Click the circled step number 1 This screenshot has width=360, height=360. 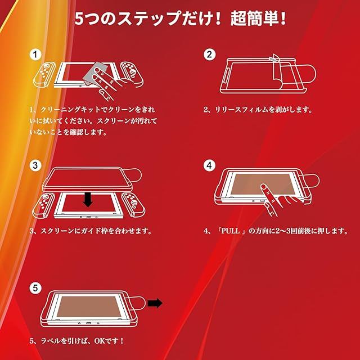click(35, 55)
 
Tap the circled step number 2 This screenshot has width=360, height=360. click(209, 55)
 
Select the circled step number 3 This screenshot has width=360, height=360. click(35, 165)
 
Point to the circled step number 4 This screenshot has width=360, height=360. click(209, 165)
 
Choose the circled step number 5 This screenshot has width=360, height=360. click(35, 288)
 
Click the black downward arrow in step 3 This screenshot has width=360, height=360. click(88, 200)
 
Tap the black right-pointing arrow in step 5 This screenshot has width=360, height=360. click(155, 303)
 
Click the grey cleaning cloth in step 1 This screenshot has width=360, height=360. click(94, 74)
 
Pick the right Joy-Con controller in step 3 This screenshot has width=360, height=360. click(134, 205)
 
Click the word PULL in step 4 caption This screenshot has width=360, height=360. click(230, 231)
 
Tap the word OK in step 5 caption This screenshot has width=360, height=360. click(100, 341)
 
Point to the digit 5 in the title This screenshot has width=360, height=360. click(79, 19)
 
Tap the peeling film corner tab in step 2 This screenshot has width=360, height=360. click(274, 58)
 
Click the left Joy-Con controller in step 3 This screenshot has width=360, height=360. click(44, 205)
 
